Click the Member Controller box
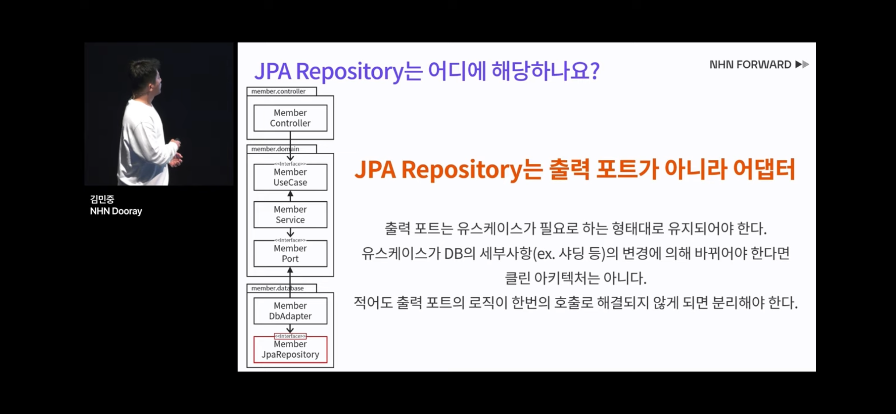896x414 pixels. point(290,118)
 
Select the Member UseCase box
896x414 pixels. point(290,177)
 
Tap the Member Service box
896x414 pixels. point(290,215)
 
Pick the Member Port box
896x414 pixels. point(290,254)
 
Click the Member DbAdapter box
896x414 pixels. point(290,311)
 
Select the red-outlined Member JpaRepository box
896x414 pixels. point(290,350)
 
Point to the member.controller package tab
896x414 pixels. point(278,91)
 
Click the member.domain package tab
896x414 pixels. point(275,149)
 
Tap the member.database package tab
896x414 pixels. point(278,288)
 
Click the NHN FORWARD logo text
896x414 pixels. point(750,65)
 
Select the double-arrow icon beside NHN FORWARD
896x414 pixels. point(802,65)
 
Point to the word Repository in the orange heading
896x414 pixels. point(462,170)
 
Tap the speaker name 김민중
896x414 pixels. point(102,199)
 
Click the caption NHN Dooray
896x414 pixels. point(116,211)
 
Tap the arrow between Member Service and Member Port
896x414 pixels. point(290,233)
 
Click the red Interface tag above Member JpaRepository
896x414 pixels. point(290,336)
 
